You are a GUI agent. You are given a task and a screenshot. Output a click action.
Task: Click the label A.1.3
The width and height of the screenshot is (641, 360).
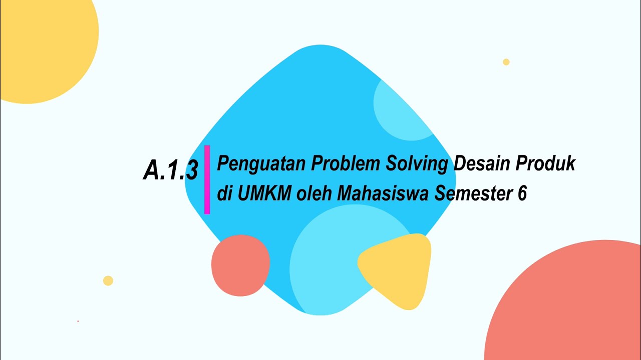coord(170,170)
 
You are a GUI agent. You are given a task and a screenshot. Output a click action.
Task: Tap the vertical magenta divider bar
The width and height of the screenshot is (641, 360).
coord(207,179)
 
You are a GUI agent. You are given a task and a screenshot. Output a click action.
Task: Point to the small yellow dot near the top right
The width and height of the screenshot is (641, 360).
coord(506,62)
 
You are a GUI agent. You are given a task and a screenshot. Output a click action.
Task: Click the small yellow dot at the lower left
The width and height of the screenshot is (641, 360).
coord(108,280)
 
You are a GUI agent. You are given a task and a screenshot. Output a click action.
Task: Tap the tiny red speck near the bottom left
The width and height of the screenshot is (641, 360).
coord(78,321)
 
